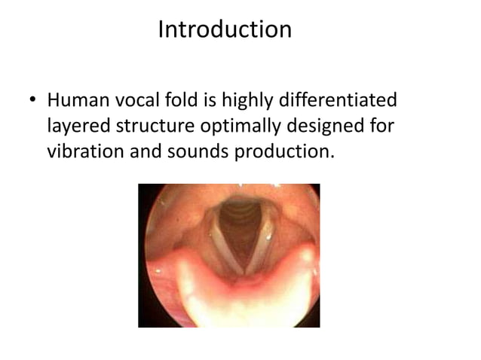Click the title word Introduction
(225, 30)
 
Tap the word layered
(78, 126)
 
